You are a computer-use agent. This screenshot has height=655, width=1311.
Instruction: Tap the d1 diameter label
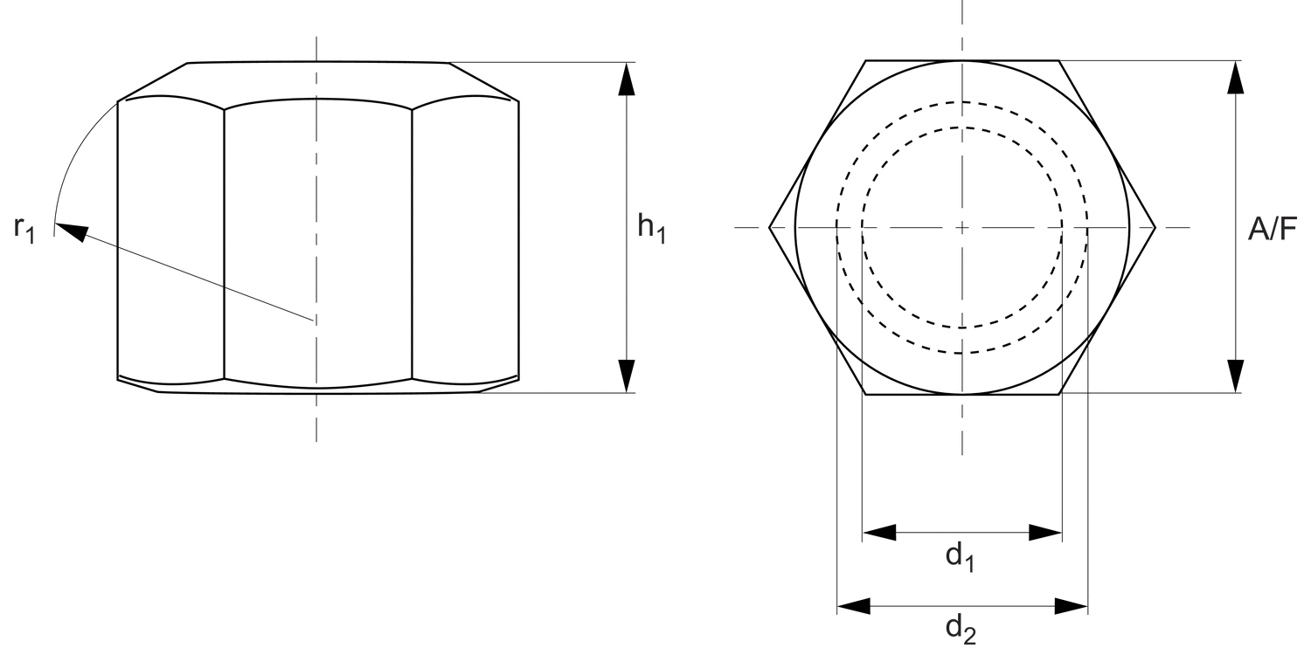(961, 556)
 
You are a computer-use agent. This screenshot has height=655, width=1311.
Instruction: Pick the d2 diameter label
(961, 629)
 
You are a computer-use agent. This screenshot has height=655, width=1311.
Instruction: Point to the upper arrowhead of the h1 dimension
(626, 79)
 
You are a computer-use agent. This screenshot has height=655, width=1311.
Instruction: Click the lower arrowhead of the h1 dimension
(626, 376)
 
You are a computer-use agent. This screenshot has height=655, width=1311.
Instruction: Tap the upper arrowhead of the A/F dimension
(1234, 77)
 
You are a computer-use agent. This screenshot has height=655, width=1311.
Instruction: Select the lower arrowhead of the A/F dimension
(1234, 376)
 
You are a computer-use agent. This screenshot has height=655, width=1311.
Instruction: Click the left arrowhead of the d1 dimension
(879, 533)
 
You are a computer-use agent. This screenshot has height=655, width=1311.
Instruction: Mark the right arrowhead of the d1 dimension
(1045, 533)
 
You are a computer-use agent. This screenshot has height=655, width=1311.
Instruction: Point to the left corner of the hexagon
(769, 228)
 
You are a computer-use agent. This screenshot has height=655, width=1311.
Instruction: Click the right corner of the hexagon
(1155, 228)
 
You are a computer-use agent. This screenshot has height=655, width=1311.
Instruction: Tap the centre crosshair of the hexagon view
(962, 228)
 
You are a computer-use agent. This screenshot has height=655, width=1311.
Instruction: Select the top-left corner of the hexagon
(866, 60)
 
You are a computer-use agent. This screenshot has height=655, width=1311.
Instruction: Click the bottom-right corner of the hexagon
(1059, 395)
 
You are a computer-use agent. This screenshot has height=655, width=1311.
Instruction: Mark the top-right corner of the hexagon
(1059, 60)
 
